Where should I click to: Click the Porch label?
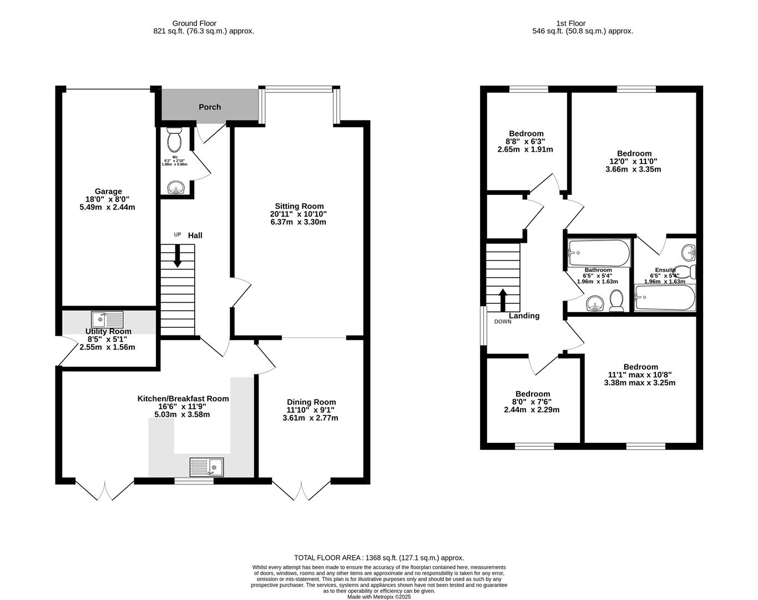pos(210,107)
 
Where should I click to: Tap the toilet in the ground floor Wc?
pos(174,139)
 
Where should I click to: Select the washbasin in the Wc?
pos(175,188)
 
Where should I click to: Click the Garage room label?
pos(108,192)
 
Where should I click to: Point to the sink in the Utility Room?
pos(107,319)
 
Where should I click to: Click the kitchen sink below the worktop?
pos(206,467)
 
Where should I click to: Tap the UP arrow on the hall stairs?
pos(178,256)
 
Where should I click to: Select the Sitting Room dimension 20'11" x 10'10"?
pos(299,214)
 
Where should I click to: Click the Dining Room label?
pos(311,402)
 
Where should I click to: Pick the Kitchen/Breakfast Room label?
pos(183,398)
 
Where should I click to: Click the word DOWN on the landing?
pos(503,322)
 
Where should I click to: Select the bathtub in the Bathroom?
pos(598,253)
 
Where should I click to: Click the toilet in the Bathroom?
pos(616,301)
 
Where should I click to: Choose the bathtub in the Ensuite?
pos(665,298)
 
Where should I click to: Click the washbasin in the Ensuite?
pos(689,252)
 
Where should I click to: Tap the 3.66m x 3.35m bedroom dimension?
pos(633,169)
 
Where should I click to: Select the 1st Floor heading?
pos(570,23)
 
